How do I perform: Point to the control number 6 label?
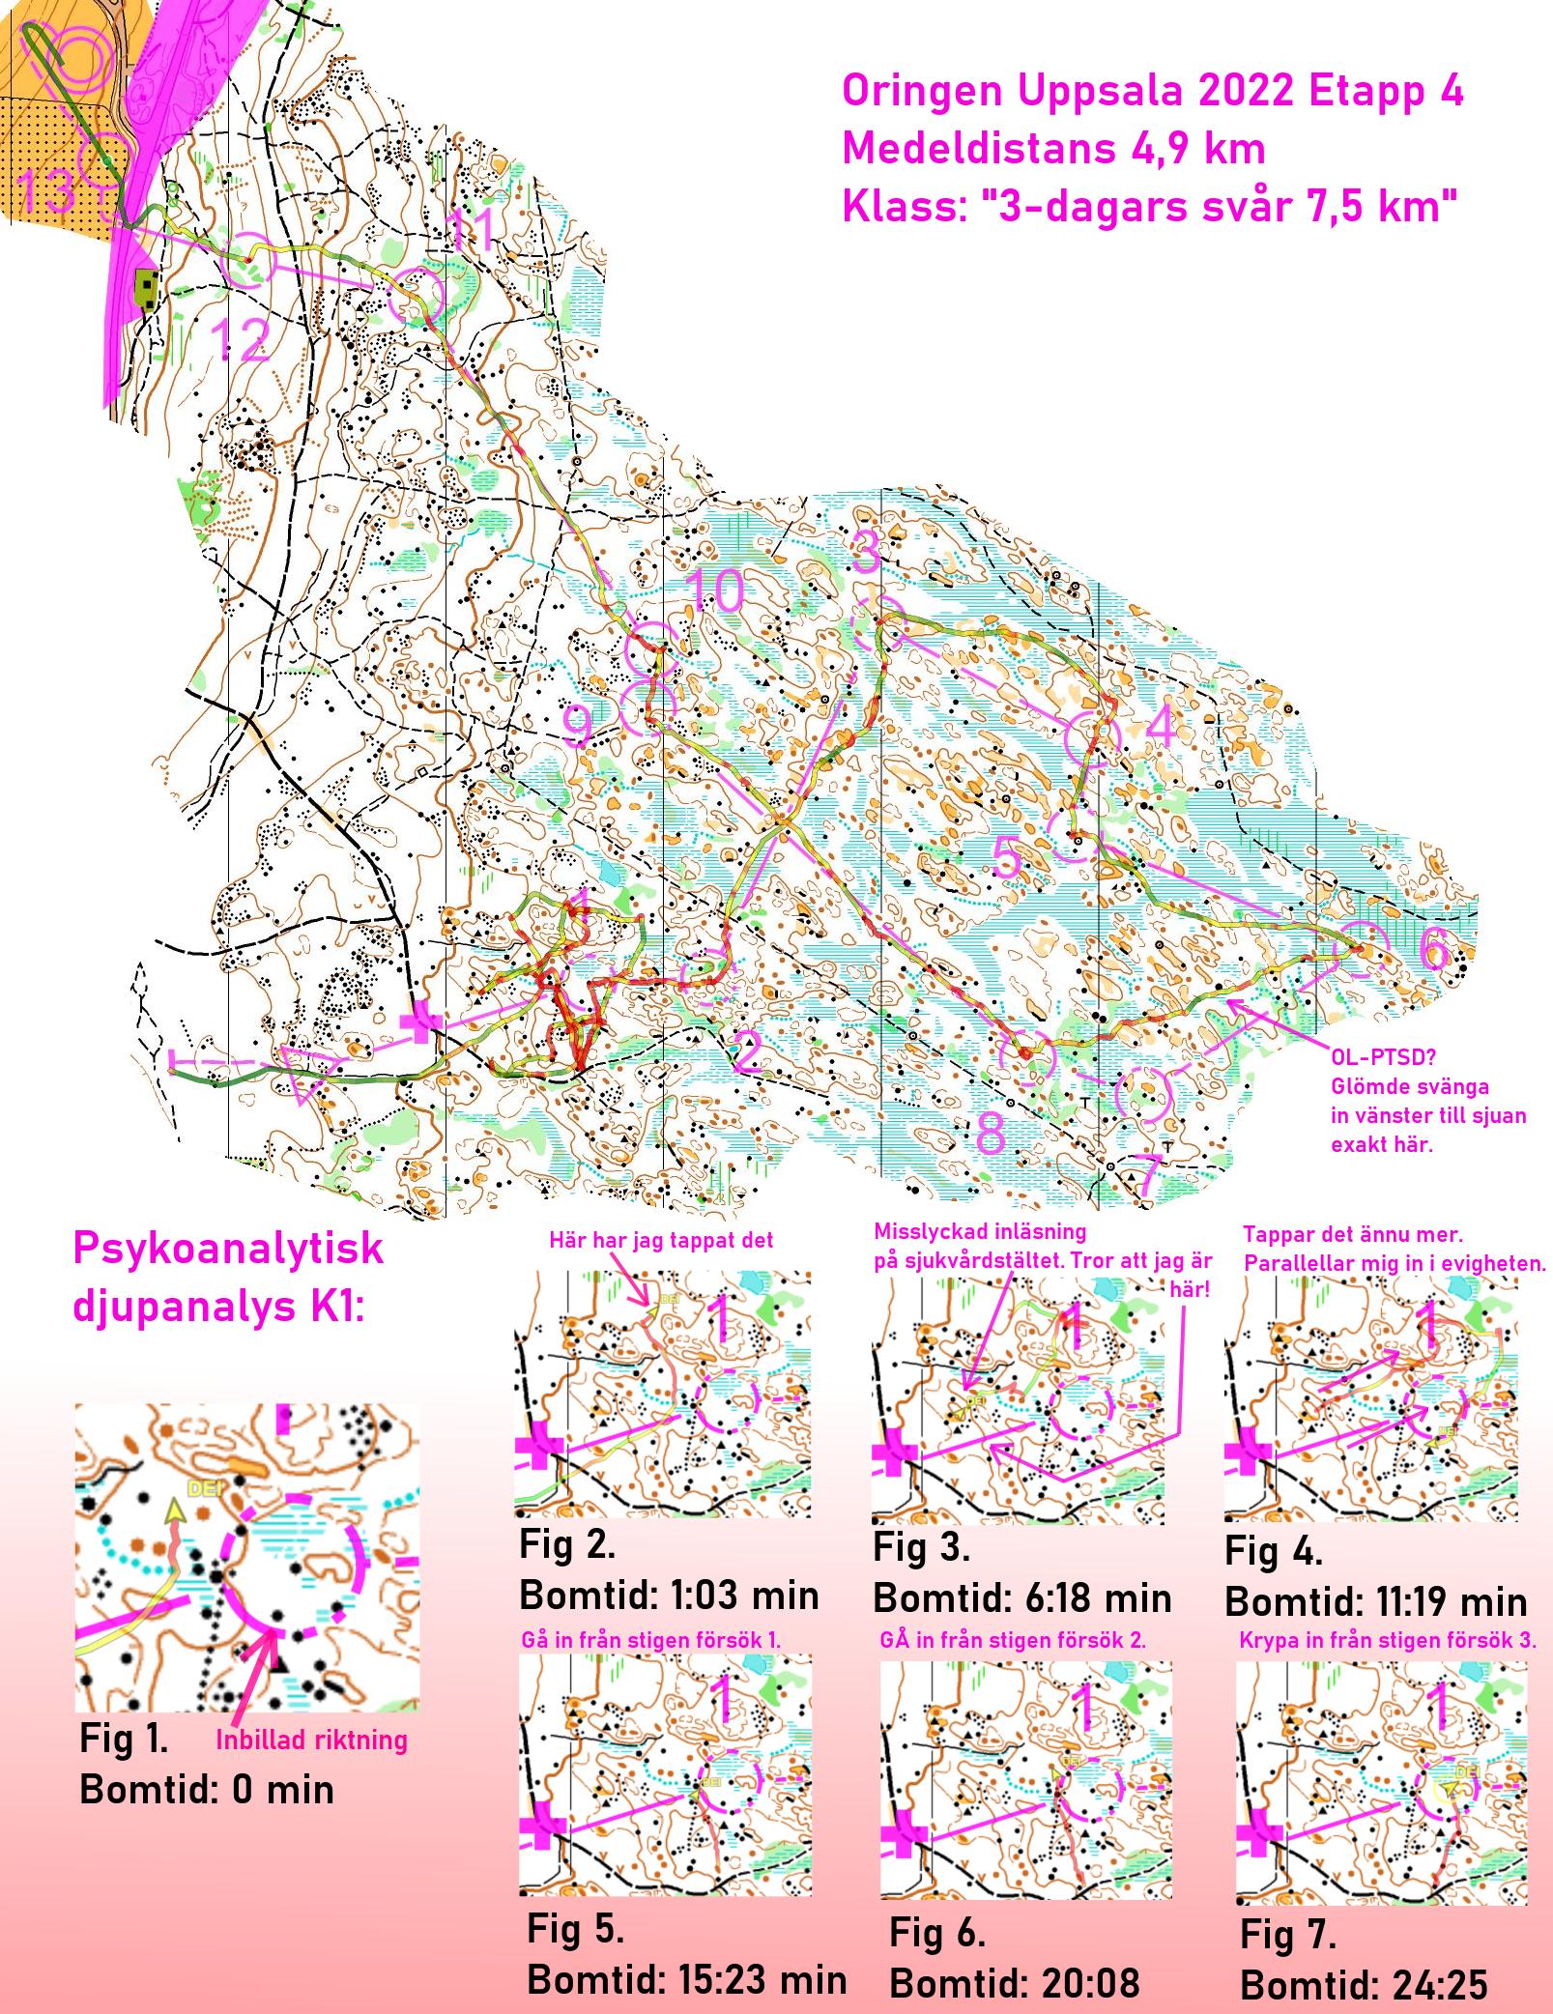(1435, 950)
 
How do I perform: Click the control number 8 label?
(991, 1133)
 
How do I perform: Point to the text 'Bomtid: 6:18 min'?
(1021, 1598)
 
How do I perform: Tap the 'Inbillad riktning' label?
(311, 1741)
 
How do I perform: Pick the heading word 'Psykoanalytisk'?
(228, 1249)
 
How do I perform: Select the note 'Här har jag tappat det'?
(661, 1241)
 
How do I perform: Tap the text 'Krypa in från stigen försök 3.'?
(1387, 1640)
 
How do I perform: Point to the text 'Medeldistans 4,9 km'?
(1053, 149)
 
